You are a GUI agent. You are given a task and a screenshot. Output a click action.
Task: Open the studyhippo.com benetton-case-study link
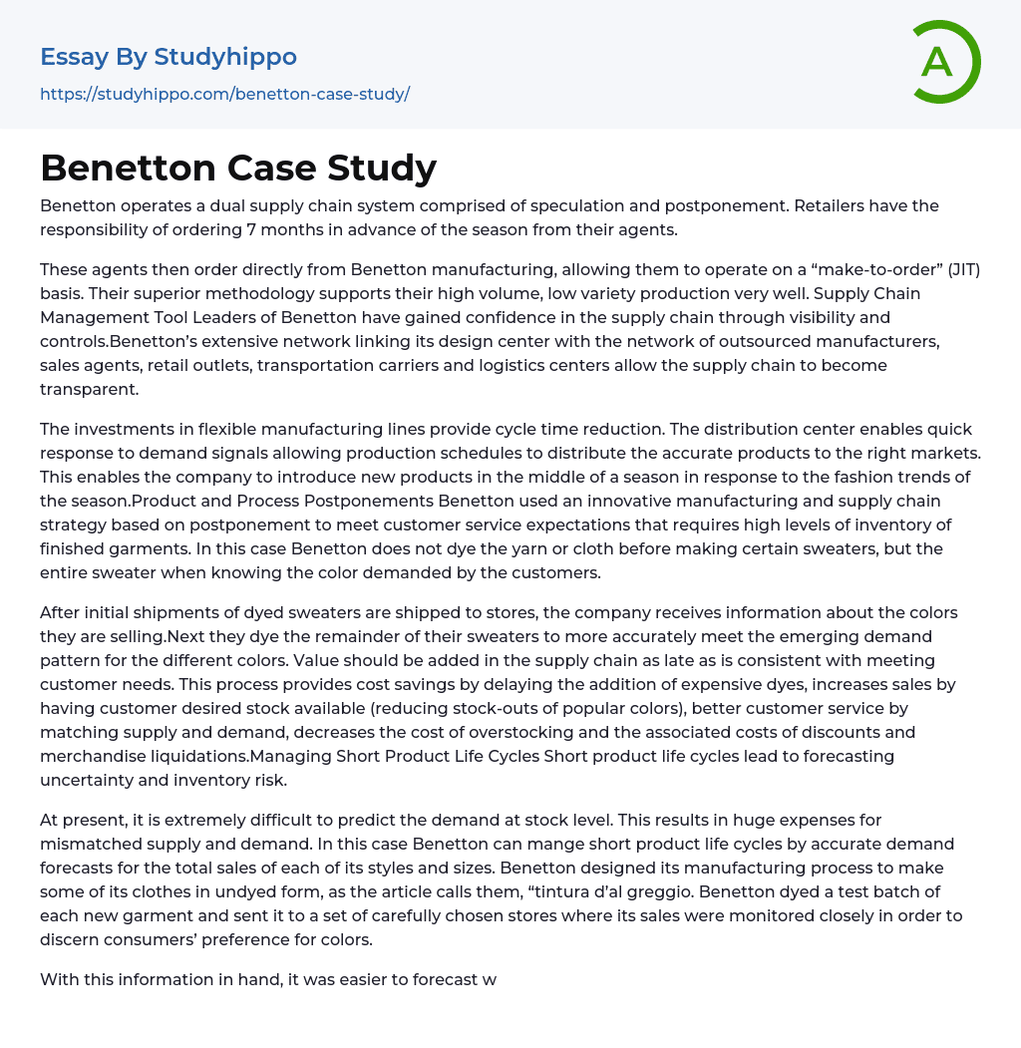tap(224, 94)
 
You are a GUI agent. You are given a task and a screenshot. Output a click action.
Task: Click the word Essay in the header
tap(75, 57)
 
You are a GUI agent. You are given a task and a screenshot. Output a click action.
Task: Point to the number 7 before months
tap(251, 229)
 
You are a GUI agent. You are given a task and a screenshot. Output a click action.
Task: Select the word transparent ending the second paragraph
tap(89, 390)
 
